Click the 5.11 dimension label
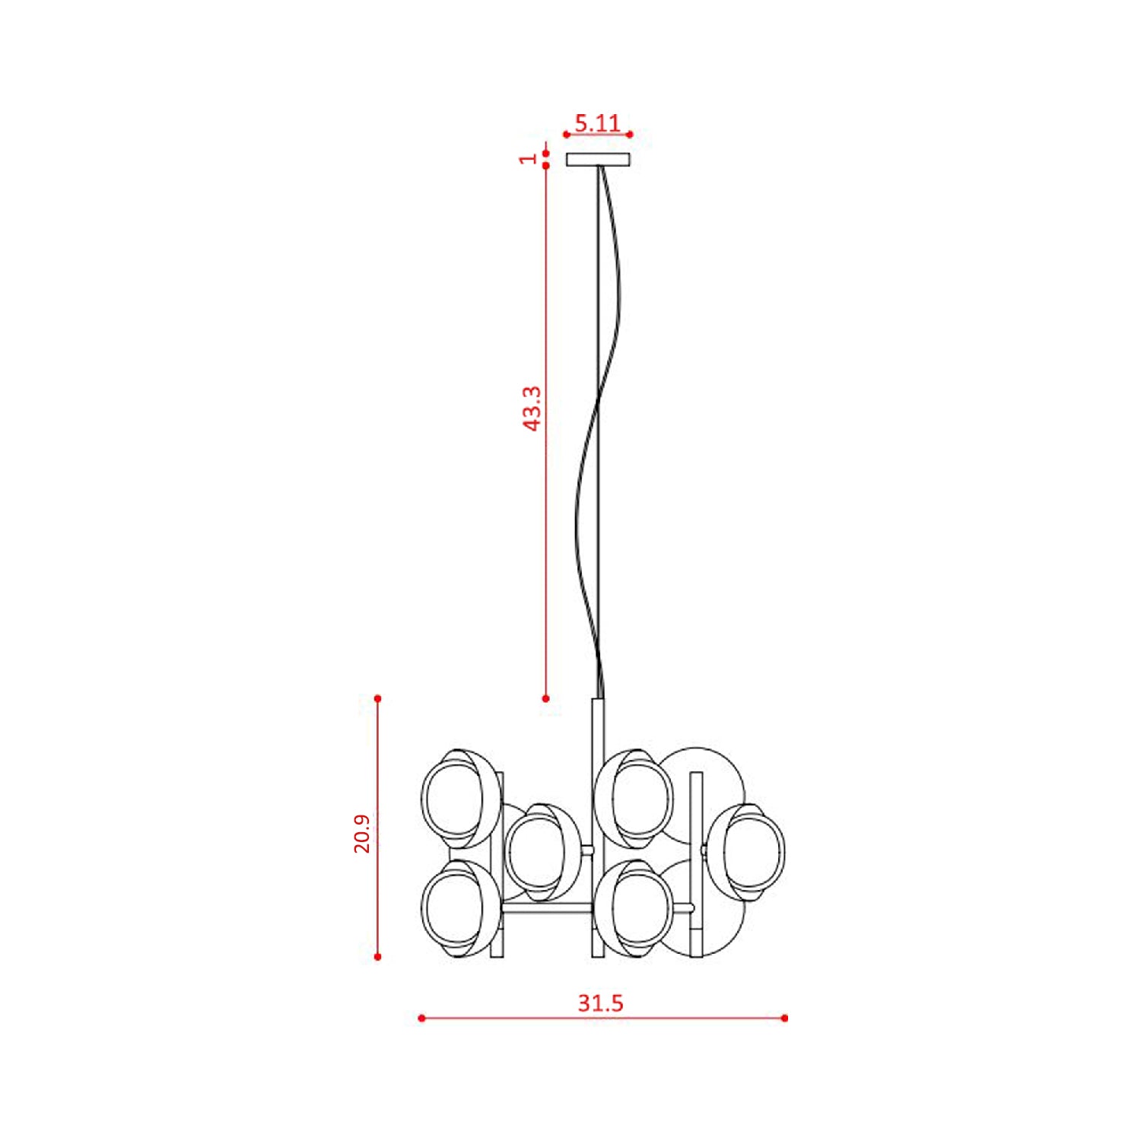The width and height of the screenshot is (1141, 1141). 597,122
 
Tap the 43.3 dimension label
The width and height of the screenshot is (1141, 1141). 533,408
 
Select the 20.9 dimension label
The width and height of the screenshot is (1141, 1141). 362,833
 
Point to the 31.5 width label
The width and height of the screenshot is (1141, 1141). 600,1003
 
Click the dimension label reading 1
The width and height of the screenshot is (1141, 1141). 528,159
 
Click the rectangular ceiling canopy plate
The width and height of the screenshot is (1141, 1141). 598,159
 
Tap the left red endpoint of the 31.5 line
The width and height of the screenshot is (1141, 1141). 421,1018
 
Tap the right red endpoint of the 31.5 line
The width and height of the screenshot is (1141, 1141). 785,1018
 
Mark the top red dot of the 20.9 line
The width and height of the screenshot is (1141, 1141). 378,698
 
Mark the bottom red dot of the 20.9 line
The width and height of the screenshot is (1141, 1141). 378,957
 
